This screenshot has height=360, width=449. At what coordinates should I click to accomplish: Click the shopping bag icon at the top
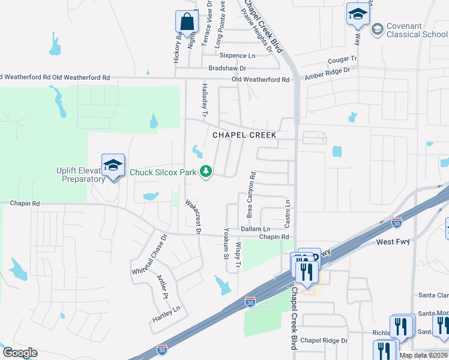point(187,22)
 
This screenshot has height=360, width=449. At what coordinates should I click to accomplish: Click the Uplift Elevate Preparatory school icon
point(113,166)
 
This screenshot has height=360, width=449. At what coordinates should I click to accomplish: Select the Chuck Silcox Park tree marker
point(206,172)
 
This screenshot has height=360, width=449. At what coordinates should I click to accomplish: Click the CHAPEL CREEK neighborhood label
point(245,135)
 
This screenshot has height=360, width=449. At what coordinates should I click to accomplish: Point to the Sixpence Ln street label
point(237,56)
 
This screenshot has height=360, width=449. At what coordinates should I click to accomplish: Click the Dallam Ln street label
point(255,229)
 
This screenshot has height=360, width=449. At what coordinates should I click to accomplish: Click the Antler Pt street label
point(161,287)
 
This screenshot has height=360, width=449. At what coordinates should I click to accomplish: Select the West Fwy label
point(394,242)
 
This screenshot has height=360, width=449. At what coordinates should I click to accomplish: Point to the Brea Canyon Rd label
point(251,195)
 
